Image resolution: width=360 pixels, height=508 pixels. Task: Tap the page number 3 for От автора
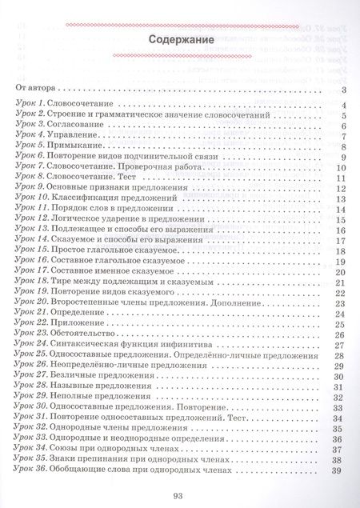tap(342, 91)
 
